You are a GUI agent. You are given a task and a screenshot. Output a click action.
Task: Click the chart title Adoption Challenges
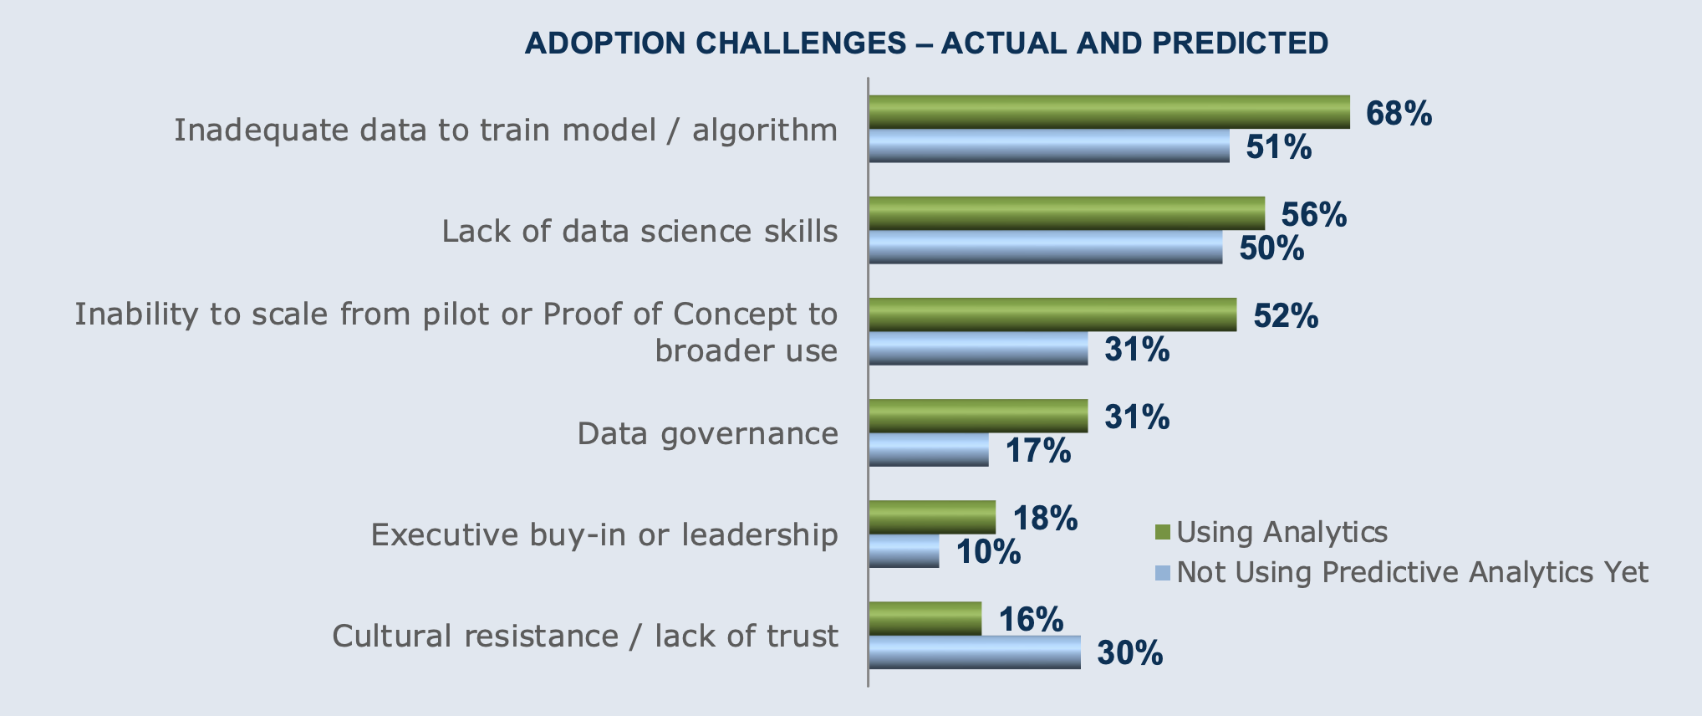click(926, 43)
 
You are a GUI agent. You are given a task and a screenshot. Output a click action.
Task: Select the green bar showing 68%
click(1108, 112)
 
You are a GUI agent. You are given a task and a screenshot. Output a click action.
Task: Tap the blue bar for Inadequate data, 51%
click(1048, 146)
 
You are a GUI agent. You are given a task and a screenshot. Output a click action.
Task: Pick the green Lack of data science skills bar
click(1066, 213)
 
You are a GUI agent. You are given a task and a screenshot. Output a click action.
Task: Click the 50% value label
click(1271, 248)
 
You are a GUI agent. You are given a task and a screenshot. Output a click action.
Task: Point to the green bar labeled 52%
click(1052, 315)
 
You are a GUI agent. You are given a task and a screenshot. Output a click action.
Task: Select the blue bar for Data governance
click(928, 450)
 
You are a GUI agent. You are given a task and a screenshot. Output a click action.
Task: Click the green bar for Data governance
click(978, 416)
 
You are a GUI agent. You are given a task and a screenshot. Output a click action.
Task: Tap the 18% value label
click(1045, 519)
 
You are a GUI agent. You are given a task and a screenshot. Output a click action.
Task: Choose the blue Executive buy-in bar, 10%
click(904, 551)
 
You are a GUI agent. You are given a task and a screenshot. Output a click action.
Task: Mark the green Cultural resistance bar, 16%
click(925, 618)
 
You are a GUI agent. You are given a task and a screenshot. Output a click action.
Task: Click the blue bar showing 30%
click(974, 652)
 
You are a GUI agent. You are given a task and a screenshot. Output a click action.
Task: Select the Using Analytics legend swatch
click(1161, 533)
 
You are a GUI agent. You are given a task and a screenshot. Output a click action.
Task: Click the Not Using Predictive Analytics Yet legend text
click(1412, 573)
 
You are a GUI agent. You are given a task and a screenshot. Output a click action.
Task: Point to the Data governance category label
click(707, 433)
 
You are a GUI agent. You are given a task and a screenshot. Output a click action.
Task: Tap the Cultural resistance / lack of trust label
click(584, 636)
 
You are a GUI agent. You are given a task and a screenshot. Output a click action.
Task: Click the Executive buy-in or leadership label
click(604, 534)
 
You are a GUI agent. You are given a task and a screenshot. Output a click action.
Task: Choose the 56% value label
click(1314, 215)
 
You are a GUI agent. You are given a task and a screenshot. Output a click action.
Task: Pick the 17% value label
click(1037, 451)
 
